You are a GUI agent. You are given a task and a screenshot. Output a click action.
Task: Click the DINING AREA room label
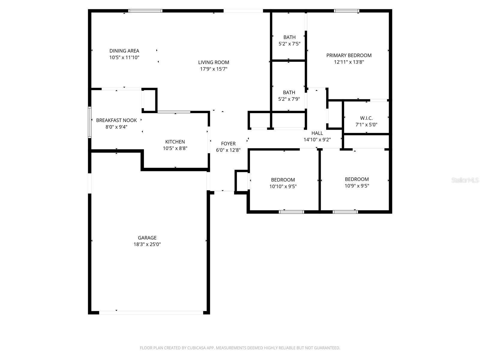tap(124, 51)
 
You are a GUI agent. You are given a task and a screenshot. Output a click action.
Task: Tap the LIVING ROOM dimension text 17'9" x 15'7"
tap(214, 69)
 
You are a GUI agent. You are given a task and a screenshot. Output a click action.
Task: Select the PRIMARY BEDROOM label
tap(349, 55)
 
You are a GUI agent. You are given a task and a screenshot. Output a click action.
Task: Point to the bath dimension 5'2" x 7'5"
tap(289, 44)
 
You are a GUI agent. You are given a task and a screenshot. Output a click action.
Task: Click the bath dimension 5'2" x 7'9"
tap(289, 99)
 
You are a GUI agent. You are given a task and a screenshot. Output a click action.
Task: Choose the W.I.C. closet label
tap(366, 118)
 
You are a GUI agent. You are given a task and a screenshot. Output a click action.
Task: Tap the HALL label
tap(317, 133)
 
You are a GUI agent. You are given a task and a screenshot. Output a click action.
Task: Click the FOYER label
tap(228, 144)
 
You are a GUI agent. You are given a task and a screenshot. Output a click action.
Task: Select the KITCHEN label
tap(175, 142)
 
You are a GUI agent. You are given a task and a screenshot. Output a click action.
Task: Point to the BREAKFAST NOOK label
tap(116, 120)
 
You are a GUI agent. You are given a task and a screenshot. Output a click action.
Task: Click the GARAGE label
tap(147, 238)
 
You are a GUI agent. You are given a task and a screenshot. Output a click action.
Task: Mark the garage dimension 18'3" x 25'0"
tap(147, 244)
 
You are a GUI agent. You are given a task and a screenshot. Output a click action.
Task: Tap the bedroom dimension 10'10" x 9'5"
tap(283, 186)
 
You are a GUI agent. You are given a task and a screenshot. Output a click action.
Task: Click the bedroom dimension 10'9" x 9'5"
tap(357, 186)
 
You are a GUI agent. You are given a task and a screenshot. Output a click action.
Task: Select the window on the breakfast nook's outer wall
tap(90, 122)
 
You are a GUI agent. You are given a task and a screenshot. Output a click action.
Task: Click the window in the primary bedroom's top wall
tap(346, 11)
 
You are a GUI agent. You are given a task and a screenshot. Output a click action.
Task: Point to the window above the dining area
tap(145, 11)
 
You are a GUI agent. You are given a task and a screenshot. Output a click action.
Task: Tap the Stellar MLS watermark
tap(465, 180)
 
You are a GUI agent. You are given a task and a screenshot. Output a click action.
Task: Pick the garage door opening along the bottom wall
tap(151, 313)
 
